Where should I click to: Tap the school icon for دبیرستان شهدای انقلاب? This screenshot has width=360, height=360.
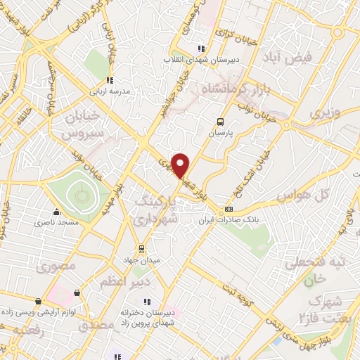[x=201, y=49]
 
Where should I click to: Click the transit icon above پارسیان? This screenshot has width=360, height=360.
[x=221, y=121]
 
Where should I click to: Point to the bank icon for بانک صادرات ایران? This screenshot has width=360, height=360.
[x=229, y=210]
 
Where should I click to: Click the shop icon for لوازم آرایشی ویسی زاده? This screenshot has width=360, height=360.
[x=76, y=293]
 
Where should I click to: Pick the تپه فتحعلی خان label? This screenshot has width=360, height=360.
[x=323, y=270]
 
